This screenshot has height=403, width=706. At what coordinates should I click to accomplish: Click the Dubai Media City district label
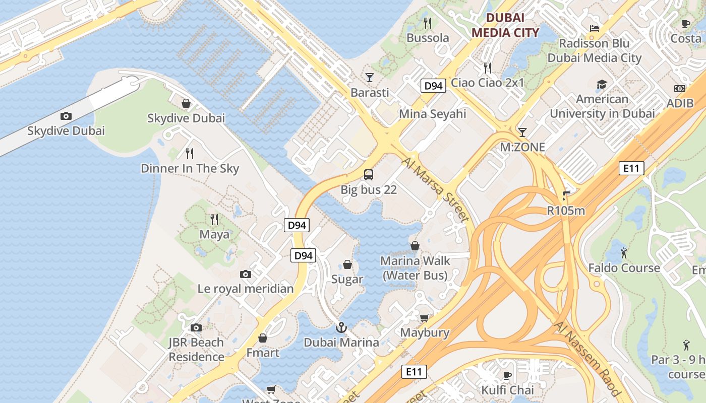[505, 26]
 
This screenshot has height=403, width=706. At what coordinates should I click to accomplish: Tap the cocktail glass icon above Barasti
[370, 77]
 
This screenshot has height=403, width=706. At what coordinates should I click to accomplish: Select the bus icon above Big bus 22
[369, 175]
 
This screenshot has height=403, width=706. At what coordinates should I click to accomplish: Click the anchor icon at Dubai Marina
[341, 327]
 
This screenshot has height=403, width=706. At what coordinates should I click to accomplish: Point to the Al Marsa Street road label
[436, 189]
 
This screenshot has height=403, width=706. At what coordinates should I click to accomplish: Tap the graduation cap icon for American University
[602, 84]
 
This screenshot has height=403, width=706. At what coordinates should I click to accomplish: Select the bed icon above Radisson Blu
[595, 29]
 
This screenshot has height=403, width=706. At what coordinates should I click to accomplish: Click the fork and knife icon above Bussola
[428, 23]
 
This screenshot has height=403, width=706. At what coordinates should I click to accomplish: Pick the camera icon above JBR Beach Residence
[196, 328]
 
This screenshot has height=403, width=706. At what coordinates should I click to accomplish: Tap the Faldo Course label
[624, 267]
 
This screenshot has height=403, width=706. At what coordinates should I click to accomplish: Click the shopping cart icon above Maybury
[424, 318]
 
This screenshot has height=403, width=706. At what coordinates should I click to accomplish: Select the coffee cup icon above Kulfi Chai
[507, 375]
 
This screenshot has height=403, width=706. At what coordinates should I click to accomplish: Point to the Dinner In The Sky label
[190, 168]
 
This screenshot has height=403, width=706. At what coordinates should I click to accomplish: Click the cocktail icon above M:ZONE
[522, 132]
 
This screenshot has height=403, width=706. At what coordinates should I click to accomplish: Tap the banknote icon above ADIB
[679, 89]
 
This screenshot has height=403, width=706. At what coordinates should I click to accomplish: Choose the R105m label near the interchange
[566, 211]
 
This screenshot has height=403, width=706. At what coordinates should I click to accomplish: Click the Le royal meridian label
[245, 289]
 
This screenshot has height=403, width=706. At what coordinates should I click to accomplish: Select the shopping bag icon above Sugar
[347, 264]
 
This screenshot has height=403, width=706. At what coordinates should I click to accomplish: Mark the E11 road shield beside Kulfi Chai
[414, 372]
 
